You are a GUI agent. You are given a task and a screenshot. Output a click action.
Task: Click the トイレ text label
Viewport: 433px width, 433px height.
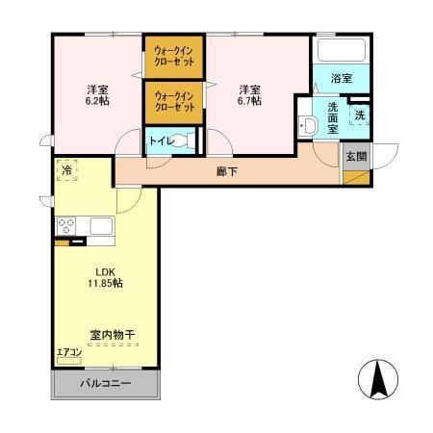162,141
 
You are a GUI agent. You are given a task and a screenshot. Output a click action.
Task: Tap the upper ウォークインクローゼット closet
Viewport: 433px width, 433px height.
173,56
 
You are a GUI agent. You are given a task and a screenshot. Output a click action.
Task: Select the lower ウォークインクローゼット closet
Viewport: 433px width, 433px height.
173,101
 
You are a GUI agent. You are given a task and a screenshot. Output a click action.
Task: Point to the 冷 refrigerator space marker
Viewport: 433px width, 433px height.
67,170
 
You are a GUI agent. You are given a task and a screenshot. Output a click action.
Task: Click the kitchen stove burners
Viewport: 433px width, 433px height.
67,226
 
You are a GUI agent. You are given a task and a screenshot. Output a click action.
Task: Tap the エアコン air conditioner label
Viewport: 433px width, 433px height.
69,352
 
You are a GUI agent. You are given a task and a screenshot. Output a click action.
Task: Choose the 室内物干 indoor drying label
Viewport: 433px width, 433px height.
113,335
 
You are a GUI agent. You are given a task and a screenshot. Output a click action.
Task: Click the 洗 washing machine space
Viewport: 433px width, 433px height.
359,115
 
